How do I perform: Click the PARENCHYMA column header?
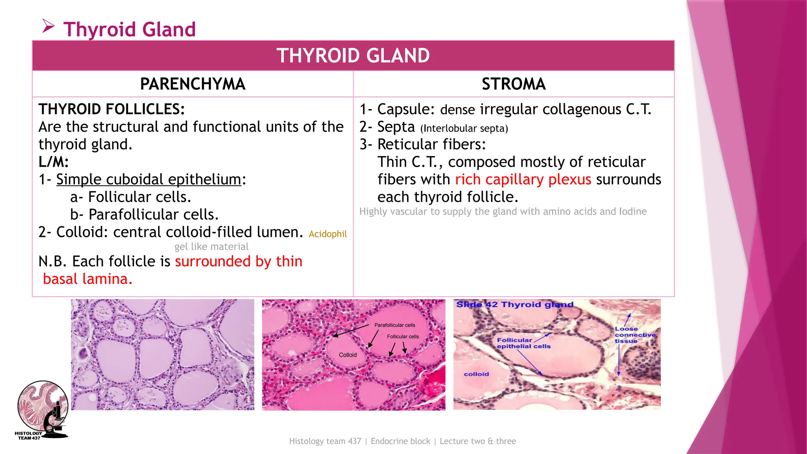[x=193, y=84]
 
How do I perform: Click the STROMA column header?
[x=513, y=84]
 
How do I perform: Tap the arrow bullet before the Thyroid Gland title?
[x=48, y=27]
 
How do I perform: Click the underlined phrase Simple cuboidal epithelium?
[x=149, y=179]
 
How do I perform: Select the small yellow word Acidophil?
[x=327, y=234]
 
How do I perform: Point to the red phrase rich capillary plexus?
[x=523, y=179]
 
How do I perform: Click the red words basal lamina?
[x=87, y=279]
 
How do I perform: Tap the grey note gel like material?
[x=211, y=247]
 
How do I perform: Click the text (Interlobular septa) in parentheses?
[x=464, y=128]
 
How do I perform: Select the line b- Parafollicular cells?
[x=144, y=214]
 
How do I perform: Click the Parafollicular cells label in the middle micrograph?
[x=394, y=325]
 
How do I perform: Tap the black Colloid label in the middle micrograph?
[x=348, y=355]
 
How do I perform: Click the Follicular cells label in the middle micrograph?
[x=403, y=337]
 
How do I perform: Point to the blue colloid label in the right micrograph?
[x=476, y=374]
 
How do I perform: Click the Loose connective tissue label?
[x=635, y=335]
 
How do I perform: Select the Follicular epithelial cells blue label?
[x=523, y=343]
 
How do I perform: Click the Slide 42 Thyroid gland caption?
[x=514, y=305]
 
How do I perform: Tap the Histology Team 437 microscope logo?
[x=43, y=410]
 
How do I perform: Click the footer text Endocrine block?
[x=400, y=441]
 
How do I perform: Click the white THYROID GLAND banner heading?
[x=353, y=56]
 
